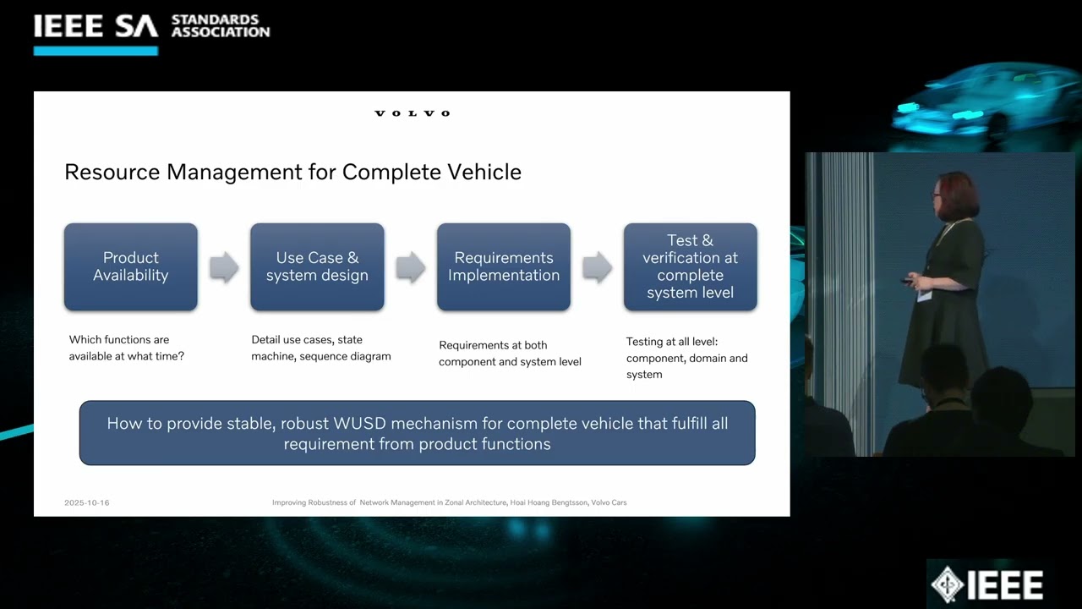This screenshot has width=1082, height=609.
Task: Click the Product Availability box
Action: (131, 266)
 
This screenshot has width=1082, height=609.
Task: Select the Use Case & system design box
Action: (317, 266)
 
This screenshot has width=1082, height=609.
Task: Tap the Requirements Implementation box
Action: (504, 266)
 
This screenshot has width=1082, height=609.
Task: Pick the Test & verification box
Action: (690, 266)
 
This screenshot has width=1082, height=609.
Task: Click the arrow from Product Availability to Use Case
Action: (224, 267)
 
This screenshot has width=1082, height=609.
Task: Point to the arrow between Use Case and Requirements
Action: (410, 267)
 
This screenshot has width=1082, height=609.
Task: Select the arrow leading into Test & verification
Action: (597, 267)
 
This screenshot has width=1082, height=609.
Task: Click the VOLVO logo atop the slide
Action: (413, 113)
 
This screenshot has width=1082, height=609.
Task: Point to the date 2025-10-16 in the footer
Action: (87, 503)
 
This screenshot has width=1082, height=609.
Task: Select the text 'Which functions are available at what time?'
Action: (127, 348)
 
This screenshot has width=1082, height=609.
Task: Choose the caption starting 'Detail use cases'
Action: (321, 348)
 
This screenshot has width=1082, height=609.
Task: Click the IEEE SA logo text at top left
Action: (96, 26)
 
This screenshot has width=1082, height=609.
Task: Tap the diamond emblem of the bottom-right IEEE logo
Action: (948, 584)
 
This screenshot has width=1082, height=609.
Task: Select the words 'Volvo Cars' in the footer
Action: (609, 503)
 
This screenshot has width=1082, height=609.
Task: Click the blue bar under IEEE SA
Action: (96, 51)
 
